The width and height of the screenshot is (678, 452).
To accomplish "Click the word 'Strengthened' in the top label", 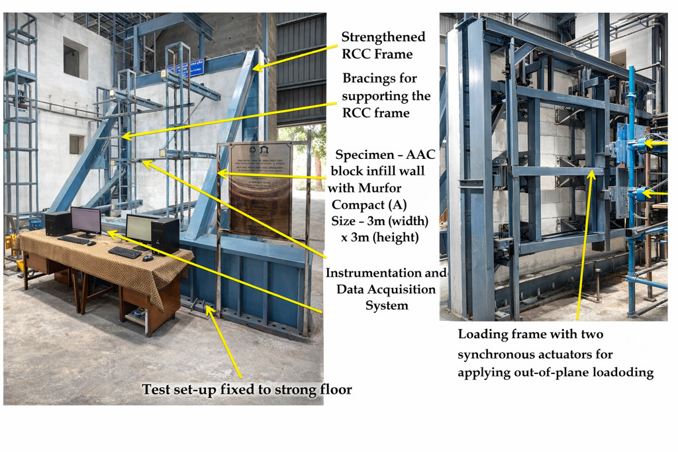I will pyautogui.click(x=383, y=36).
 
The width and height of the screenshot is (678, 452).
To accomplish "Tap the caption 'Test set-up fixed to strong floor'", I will pyautogui.click(x=247, y=389).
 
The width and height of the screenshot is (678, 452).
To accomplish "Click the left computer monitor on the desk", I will pyautogui.click(x=86, y=220).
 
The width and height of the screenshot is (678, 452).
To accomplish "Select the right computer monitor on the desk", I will pyautogui.click(x=139, y=229).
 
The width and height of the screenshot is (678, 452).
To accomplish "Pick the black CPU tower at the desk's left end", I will pyautogui.click(x=58, y=224).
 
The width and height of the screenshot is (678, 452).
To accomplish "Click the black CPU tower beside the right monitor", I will pyautogui.click(x=165, y=235).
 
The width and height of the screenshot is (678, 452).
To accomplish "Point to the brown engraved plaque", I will pyautogui.click(x=260, y=189).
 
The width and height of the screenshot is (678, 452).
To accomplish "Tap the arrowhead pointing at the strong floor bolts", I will pyautogui.click(x=210, y=308).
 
